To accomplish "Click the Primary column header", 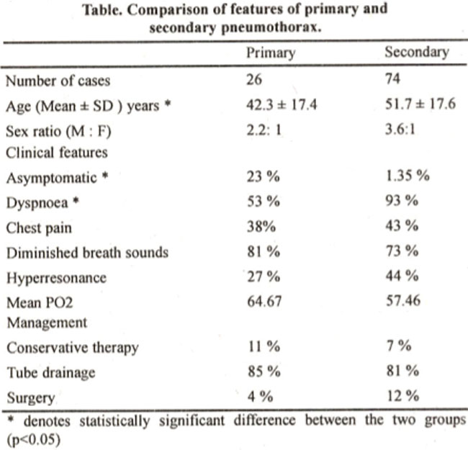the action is coord(271,53).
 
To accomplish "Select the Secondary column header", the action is coord(417,52).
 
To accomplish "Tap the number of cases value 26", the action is coord(254,79).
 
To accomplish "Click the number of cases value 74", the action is coord(392,78).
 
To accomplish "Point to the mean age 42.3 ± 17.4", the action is coord(282,104).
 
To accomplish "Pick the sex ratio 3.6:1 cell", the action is coord(400,130).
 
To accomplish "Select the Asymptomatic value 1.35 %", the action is coord(408,176).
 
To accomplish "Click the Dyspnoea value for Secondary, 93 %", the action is coord(402,200).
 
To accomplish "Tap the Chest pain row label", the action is coord(39,228).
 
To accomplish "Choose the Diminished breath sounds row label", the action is coord(87,253).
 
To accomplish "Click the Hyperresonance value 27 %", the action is coord(264,276).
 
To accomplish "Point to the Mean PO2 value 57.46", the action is coord(403,300).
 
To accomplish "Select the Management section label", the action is coord(47,323).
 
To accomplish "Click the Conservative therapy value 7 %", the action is coord(399,346).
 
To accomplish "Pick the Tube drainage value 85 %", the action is coord(264,372).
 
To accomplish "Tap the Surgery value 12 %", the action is coord(403,396).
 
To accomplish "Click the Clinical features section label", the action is coord(57,153).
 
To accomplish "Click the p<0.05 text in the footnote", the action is coord(33,439).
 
